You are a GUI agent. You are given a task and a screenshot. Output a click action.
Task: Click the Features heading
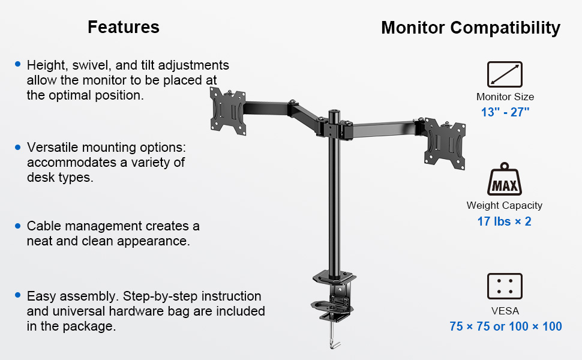(124, 27)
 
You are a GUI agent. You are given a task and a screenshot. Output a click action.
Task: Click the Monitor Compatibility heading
(470, 28)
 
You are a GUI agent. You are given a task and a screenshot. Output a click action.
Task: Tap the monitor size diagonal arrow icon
(505, 74)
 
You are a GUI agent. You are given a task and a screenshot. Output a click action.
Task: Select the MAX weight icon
(505, 179)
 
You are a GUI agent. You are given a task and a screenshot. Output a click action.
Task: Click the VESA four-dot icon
(505, 286)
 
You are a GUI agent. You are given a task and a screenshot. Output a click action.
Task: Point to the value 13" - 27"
(505, 112)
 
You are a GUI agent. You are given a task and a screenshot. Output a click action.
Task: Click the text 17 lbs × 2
(505, 221)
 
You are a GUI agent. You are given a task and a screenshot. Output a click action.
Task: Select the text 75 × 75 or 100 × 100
(506, 326)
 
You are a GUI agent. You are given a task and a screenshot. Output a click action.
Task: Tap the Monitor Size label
(505, 97)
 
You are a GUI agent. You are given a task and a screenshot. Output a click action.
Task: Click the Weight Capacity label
(505, 205)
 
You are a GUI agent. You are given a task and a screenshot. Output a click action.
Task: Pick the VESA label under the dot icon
(505, 311)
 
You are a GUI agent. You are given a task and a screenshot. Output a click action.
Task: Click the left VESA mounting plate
(227, 110)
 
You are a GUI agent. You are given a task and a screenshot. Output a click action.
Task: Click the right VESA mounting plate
(445, 143)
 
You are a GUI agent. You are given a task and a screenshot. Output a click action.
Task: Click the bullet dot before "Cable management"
(18, 226)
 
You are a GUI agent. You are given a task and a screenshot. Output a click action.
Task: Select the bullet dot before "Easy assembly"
(18, 295)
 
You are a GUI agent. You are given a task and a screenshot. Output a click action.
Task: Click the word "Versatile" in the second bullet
(51, 148)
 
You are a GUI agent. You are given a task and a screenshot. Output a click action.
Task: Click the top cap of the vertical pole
(334, 112)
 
